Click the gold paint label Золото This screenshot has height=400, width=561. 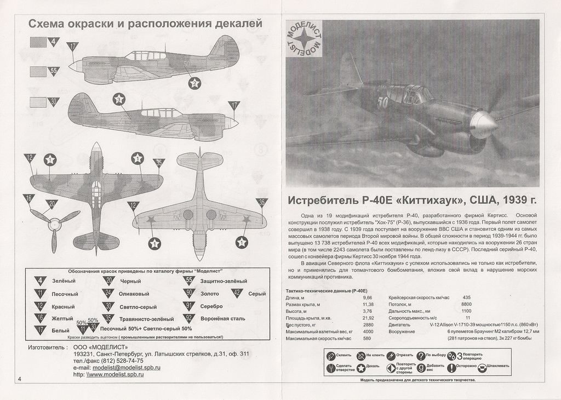point(210,294)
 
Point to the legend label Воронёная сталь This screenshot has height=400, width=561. point(223,318)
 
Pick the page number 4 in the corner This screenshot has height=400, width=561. point(20,379)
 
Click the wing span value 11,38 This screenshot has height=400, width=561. point(368,304)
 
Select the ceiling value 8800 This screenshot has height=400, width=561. point(466,304)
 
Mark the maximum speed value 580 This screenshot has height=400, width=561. point(368,338)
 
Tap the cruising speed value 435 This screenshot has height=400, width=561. point(466,297)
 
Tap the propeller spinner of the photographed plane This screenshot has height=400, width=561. point(485,126)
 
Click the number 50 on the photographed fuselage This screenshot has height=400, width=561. point(383,102)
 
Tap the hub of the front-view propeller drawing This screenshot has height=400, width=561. point(53,224)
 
